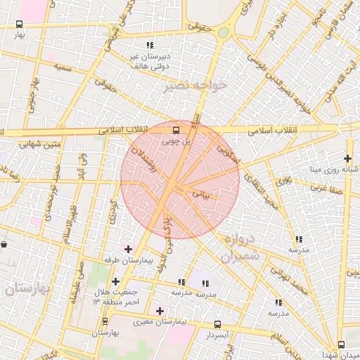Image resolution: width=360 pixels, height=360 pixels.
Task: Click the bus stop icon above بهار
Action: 20,24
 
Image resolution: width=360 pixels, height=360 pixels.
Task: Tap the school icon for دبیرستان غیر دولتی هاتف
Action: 149,46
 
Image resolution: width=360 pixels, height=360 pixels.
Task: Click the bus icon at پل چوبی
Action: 176,130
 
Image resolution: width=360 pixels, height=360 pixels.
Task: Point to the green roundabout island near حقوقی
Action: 223,32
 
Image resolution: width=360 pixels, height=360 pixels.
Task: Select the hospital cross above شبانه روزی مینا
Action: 347,158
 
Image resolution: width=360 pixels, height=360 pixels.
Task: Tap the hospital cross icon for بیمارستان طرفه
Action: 128,248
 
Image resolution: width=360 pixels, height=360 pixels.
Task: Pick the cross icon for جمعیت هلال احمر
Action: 115,281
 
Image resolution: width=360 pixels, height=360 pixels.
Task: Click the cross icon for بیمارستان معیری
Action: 160,310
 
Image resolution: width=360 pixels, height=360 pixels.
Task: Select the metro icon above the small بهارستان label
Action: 105,321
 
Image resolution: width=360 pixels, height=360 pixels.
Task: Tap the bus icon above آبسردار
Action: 217,325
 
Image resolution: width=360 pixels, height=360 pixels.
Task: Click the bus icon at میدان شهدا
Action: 341,345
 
